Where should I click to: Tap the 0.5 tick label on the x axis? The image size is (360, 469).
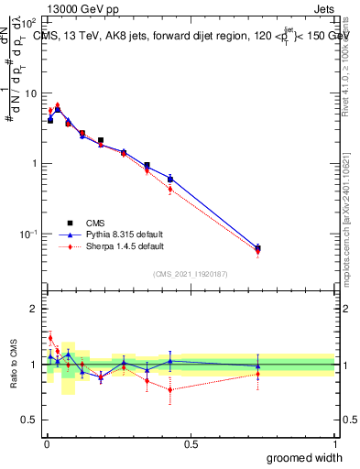click(191, 444)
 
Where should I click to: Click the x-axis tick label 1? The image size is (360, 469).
click(334, 444)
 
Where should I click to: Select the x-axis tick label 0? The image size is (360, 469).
click(46, 444)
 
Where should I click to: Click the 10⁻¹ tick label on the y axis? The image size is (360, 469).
click(28, 234)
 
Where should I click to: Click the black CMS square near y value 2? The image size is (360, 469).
click(101, 140)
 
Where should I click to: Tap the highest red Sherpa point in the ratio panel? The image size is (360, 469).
click(50, 338)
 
